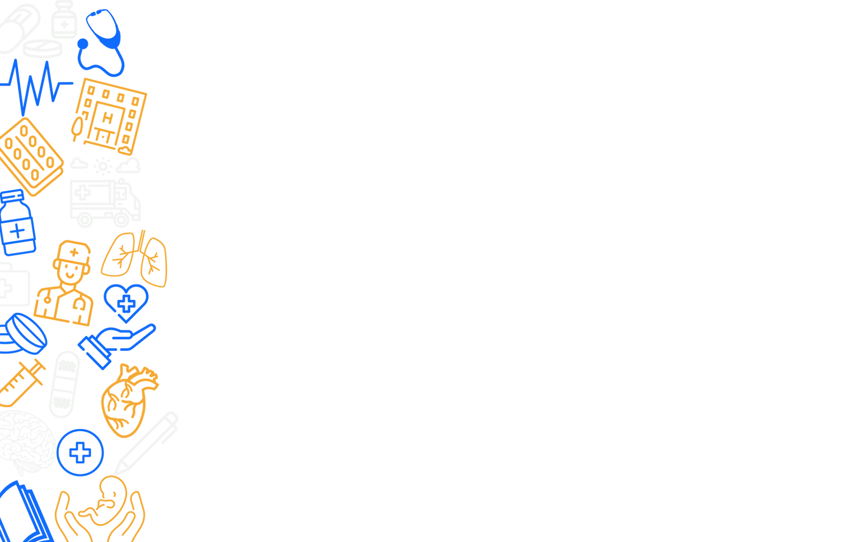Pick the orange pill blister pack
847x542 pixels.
29,155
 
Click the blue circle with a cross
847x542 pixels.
81,453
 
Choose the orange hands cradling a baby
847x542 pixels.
102,509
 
